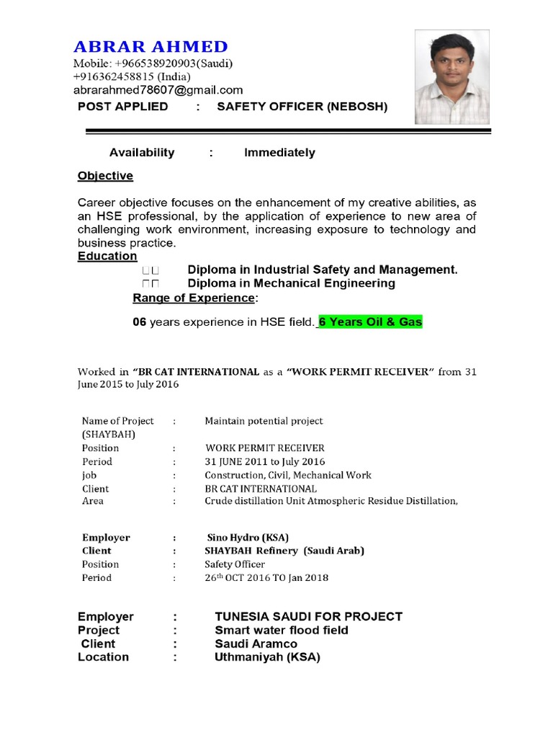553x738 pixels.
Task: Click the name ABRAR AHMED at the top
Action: click(x=150, y=46)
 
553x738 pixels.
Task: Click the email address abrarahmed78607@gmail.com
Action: click(x=158, y=90)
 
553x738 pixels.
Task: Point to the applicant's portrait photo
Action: click(x=452, y=77)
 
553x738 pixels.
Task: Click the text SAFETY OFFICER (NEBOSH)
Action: click(x=302, y=107)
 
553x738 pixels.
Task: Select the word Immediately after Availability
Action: click(x=279, y=153)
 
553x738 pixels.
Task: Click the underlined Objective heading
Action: click(x=105, y=176)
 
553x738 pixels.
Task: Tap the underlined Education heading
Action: click(x=107, y=257)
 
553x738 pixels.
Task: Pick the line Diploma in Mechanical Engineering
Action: click(x=291, y=283)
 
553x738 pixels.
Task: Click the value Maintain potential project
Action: click(x=264, y=421)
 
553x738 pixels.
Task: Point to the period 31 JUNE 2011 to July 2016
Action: click(x=264, y=461)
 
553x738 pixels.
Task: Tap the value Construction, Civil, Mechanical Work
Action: click(x=288, y=475)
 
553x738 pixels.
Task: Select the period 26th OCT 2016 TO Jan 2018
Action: click(x=266, y=578)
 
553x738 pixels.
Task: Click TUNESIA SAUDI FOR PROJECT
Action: click(x=308, y=617)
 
